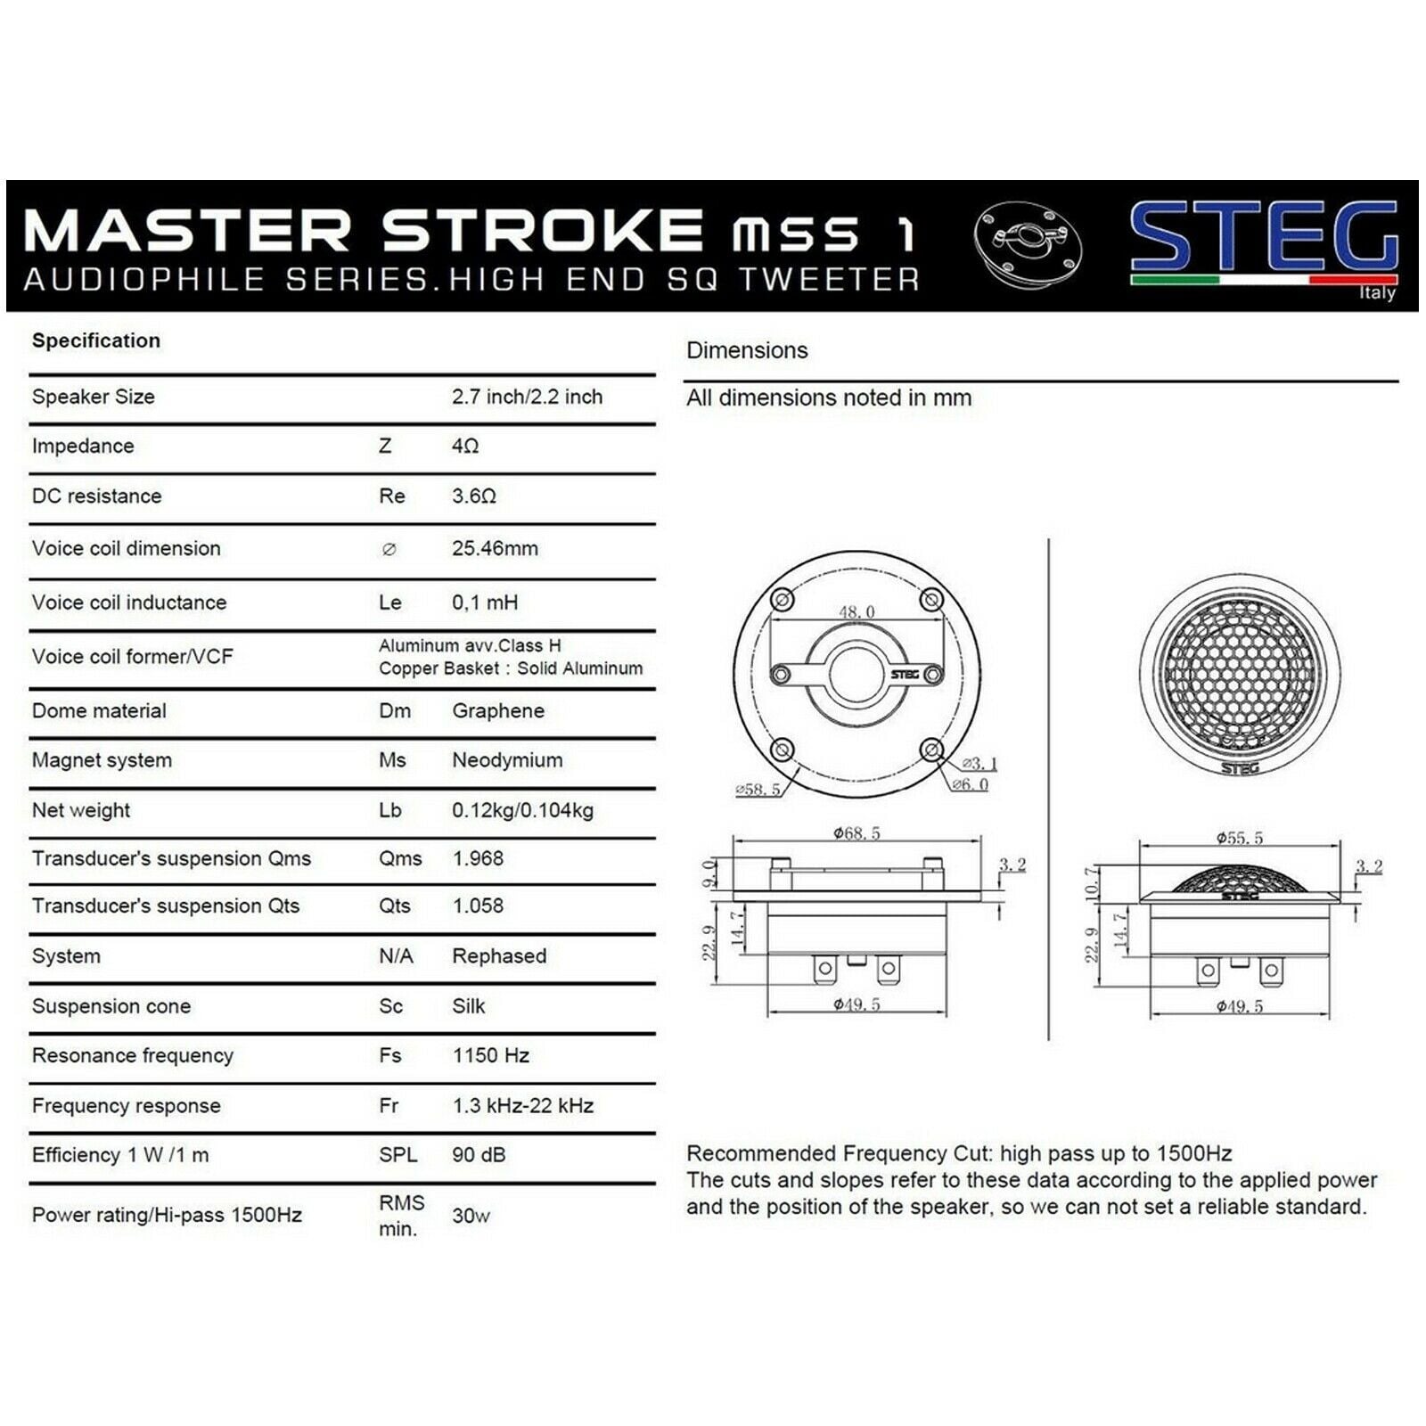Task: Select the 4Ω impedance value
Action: (x=465, y=446)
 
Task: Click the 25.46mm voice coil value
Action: (x=495, y=548)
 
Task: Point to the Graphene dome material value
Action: (x=498, y=711)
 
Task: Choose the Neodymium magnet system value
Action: (x=507, y=760)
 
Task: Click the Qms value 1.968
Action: (x=478, y=858)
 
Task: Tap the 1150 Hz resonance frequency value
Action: (x=491, y=1055)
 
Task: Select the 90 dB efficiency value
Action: (x=479, y=1154)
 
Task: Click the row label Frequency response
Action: (x=126, y=1105)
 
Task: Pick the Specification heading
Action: (x=96, y=340)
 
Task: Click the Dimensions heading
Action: (x=747, y=350)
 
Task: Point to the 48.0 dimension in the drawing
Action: (x=856, y=611)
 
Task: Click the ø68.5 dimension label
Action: (x=856, y=833)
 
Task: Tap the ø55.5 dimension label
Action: (x=1240, y=838)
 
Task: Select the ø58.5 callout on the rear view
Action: (x=758, y=790)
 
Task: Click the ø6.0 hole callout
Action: (x=970, y=784)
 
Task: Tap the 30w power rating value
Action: (x=471, y=1216)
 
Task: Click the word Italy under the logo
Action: (x=1378, y=293)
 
